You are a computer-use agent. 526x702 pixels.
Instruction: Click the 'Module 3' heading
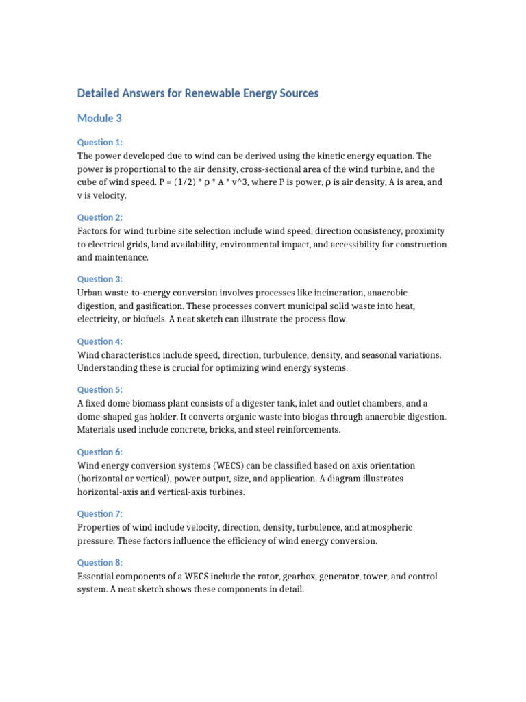click(x=99, y=118)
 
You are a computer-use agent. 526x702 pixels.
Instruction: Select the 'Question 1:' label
click(x=99, y=143)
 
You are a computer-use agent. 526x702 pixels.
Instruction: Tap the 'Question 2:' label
click(x=99, y=217)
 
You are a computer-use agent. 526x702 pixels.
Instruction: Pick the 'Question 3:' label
click(x=99, y=279)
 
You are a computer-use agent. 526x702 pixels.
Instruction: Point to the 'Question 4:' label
click(x=99, y=341)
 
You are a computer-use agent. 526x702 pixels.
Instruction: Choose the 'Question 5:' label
click(x=99, y=390)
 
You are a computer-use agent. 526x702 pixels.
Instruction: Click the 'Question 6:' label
click(x=99, y=452)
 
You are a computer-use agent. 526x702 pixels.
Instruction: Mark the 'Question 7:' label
click(x=99, y=514)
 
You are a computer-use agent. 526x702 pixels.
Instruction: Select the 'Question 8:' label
click(x=99, y=562)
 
